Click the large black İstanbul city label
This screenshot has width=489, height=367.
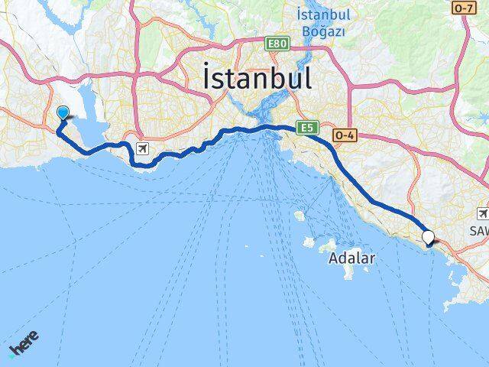[x=257, y=79]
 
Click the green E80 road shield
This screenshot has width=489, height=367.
[x=277, y=45]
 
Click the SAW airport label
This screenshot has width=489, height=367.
[x=480, y=230]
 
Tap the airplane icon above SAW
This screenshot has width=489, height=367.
[x=483, y=213]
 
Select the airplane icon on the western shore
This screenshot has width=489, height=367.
[x=142, y=148]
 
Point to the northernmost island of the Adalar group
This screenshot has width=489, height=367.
[x=300, y=216]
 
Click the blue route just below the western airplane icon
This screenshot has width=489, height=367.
[x=142, y=163]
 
